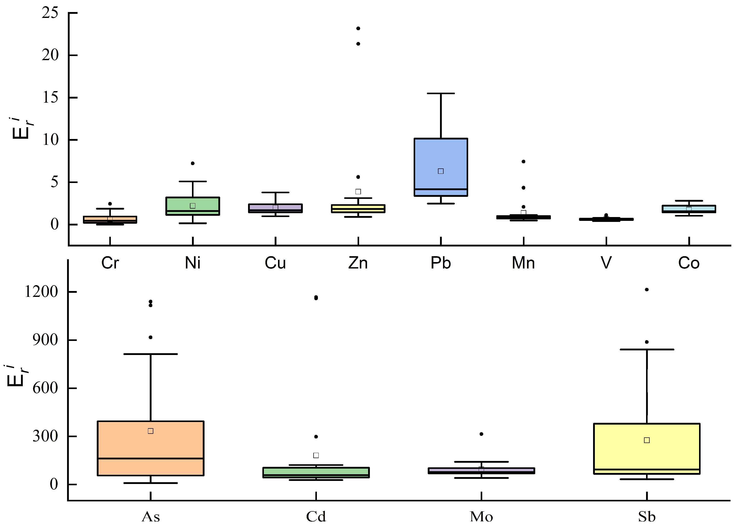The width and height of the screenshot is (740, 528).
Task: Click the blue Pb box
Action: click(x=441, y=156)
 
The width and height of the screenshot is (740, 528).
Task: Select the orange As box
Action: click(x=151, y=449)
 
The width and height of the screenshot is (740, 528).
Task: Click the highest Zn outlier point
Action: click(x=358, y=29)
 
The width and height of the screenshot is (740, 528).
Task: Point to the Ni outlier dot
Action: click(x=192, y=163)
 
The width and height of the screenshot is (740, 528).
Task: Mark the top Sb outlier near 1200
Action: click(x=647, y=290)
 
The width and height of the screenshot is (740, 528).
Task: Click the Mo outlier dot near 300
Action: click(x=481, y=434)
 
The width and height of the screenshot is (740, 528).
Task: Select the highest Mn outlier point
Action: click(x=523, y=161)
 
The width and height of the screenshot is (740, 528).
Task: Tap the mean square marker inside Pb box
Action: click(x=441, y=171)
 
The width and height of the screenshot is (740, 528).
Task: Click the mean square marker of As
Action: click(x=151, y=431)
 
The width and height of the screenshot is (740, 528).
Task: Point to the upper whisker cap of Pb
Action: click(x=441, y=93)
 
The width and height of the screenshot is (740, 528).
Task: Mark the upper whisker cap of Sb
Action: click(x=647, y=350)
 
